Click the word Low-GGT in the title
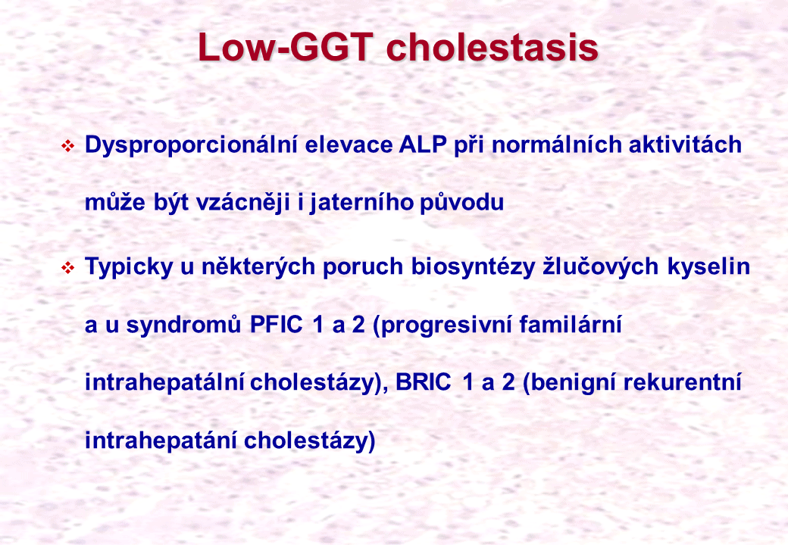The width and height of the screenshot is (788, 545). coord(286,47)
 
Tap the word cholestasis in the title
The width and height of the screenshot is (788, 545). coord(492,47)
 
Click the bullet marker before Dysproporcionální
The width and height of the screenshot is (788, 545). coord(67,146)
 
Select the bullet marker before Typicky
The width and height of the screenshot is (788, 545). coord(67,268)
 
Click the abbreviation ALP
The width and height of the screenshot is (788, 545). coord(423,145)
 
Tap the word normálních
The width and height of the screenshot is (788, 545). coord(556,145)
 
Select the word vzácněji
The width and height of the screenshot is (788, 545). coord(243,203)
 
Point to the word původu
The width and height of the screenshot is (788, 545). coord(462,203)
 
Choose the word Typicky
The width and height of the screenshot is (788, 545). coord(129,267)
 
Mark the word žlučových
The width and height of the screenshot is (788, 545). coord(601,267)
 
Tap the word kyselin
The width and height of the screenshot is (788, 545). coord(708,266)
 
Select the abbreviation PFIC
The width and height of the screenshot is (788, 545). coord(276,325)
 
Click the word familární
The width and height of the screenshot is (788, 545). coord(571,325)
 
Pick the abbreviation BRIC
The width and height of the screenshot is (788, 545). coord(423,382)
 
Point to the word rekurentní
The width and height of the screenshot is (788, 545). coord(683,383)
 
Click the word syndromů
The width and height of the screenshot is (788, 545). coord(183,325)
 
